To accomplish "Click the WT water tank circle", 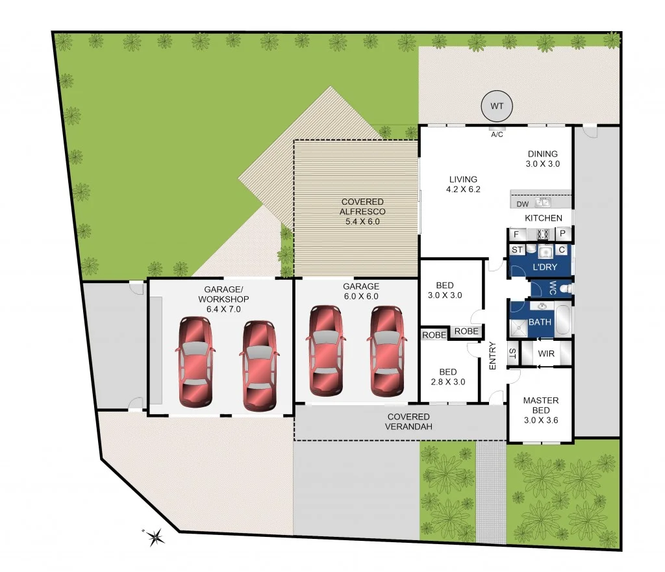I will pos(497,106).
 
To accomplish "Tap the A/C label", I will pos(497,135).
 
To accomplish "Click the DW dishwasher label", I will pos(522,205).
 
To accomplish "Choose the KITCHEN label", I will pos(544,218).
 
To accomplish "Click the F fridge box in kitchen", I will pos(516,234).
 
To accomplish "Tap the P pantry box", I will pos(563,234).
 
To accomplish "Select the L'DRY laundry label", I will pos(545,267).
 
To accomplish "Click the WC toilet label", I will pos(552,288).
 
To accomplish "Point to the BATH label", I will pos(540,321).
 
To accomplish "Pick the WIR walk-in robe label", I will pos(546,354).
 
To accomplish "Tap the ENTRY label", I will pos(492,356).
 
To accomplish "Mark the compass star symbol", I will pos(155,536).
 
